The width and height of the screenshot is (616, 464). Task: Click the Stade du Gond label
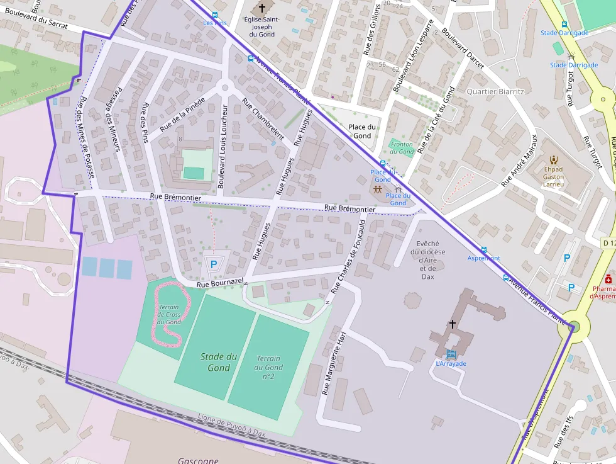(218, 362)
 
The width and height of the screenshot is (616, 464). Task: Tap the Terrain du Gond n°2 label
(268, 367)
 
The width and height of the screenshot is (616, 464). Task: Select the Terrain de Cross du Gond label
(169, 314)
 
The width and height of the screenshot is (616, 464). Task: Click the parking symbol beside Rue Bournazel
(214, 265)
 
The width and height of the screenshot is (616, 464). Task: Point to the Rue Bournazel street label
(219, 285)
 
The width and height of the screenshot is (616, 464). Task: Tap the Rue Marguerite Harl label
(334, 363)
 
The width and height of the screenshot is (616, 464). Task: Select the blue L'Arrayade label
(451, 363)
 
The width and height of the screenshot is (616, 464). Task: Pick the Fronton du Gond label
(402, 148)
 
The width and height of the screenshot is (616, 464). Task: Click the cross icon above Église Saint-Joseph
(262, 8)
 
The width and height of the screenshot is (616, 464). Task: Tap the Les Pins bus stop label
(214, 23)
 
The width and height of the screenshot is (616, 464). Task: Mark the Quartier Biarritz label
(495, 91)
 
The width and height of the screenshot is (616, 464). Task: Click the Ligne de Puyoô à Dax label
(231, 426)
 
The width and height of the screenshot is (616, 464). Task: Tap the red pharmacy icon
(608, 279)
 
